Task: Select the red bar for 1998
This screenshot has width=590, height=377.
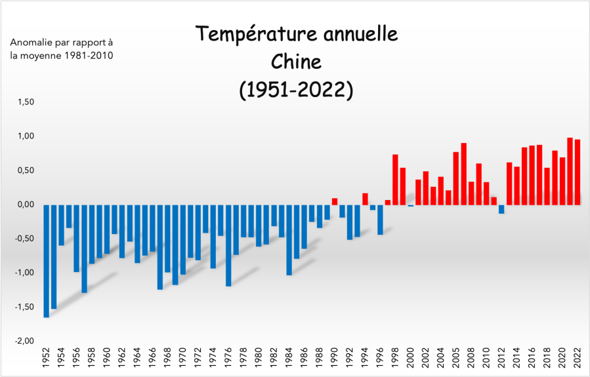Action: pos(395,180)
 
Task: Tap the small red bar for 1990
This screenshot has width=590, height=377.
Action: pos(335,201)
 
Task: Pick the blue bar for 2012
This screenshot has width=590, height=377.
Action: pos(501,209)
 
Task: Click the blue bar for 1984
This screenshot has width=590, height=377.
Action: pos(289,239)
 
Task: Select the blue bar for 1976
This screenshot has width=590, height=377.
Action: pos(228,245)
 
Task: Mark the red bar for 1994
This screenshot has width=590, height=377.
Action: pos(365,199)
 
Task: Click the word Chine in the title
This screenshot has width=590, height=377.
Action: pos(296,62)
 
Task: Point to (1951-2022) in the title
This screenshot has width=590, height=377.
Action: pos(296,90)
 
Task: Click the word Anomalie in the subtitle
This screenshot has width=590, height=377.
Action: pos(29,43)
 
